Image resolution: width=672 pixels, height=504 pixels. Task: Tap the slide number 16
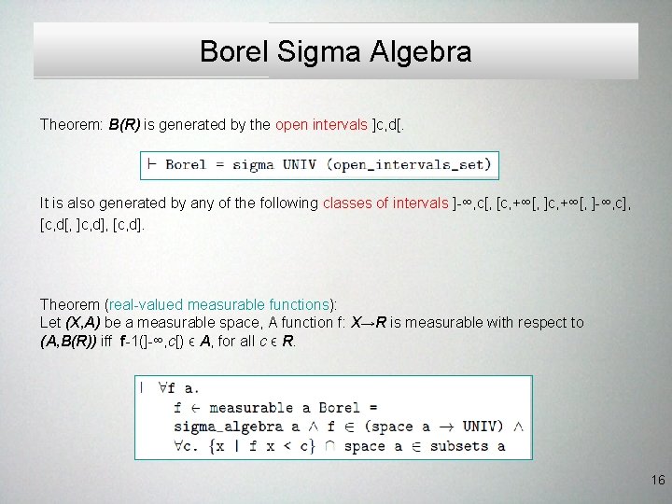click(x=657, y=481)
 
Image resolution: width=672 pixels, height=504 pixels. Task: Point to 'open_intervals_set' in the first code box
click(x=420, y=165)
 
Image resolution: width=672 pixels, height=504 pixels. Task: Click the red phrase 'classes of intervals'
click(x=385, y=203)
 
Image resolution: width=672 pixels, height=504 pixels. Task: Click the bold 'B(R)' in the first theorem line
click(x=126, y=124)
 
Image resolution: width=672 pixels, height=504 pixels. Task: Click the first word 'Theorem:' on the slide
click(x=71, y=124)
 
